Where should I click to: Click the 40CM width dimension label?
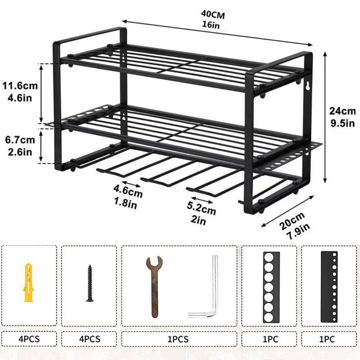[213, 15]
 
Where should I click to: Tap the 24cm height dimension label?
[342, 111]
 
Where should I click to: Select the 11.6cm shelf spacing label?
[20, 86]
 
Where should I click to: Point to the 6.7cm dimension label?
[20, 140]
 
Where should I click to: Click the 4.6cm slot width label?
[128, 191]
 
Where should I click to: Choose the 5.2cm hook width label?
[201, 208]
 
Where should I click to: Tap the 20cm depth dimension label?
[292, 221]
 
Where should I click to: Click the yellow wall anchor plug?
[28, 283]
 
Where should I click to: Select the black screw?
[90, 283]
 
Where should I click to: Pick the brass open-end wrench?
[154, 287]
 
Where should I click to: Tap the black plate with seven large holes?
[271, 287]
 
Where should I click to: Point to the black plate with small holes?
[329, 287]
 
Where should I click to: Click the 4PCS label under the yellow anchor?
[29, 339]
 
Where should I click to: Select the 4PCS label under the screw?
[90, 339]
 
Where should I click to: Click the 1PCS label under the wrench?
[178, 339]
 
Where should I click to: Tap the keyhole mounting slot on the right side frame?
[308, 86]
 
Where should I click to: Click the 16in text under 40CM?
[211, 24]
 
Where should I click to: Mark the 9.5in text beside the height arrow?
[343, 123]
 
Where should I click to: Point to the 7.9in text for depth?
[298, 231]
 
